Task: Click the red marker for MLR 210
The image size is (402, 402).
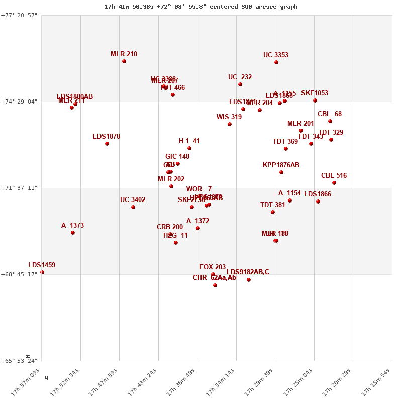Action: pyautogui.click(x=124, y=61)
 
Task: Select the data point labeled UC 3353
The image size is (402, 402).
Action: pyautogui.click(x=276, y=62)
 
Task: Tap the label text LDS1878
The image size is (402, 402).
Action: pyautogui.click(x=107, y=137)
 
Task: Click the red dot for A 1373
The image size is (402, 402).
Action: pyautogui.click(x=73, y=233)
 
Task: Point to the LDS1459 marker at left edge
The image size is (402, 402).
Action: pyautogui.click(x=42, y=272)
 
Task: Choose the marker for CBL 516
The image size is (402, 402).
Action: pyautogui.click(x=334, y=183)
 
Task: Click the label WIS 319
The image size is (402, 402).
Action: pyautogui.click(x=229, y=117)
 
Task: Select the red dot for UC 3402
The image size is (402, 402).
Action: pyautogui.click(x=133, y=207)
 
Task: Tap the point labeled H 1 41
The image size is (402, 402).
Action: pyautogui.click(x=189, y=148)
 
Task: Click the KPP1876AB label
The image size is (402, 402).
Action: pyautogui.click(x=281, y=165)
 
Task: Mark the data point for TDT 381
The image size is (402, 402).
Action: pyautogui.click(x=273, y=212)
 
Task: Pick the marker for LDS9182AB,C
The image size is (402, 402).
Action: pyautogui.click(x=249, y=280)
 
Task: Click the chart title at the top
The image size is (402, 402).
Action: pyautogui.click(x=201, y=7)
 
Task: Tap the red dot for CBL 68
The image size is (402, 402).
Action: pyautogui.click(x=330, y=121)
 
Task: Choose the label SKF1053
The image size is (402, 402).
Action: pyautogui.click(x=315, y=93)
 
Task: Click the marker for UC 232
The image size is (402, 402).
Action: pyautogui.click(x=240, y=84)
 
